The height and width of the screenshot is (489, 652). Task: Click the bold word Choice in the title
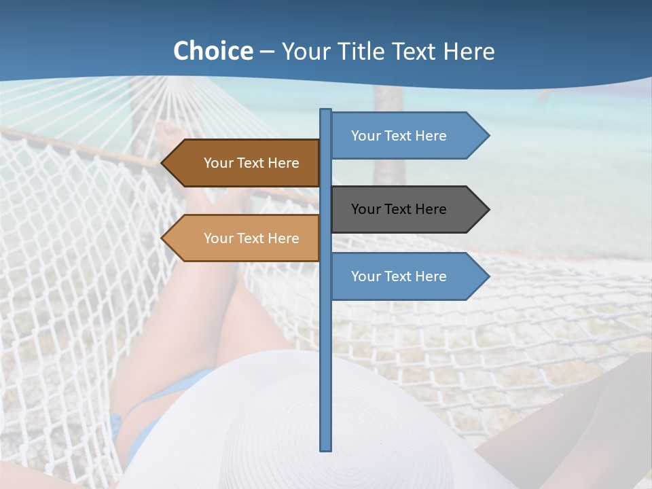click(x=213, y=51)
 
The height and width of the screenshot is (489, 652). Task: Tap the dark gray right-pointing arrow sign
click(x=404, y=209)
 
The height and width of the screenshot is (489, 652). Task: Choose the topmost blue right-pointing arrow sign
click(x=404, y=136)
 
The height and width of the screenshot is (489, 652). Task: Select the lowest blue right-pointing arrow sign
click(x=404, y=276)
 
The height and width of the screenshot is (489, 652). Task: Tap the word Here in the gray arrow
click(x=430, y=209)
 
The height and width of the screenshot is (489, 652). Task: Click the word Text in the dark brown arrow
click(x=251, y=163)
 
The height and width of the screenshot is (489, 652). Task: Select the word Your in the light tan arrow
click(x=217, y=238)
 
